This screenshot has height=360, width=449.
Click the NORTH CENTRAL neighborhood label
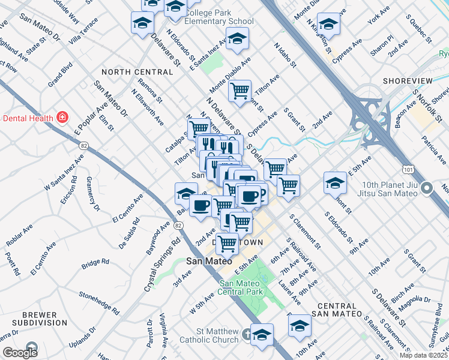click(137, 72)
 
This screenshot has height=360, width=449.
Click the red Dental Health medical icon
click(62, 116)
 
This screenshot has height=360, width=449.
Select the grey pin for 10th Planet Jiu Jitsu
click(427, 189)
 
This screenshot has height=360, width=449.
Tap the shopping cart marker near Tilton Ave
click(240, 91)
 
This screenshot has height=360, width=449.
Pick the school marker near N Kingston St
click(328, 24)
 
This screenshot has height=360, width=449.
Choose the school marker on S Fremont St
click(335, 182)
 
